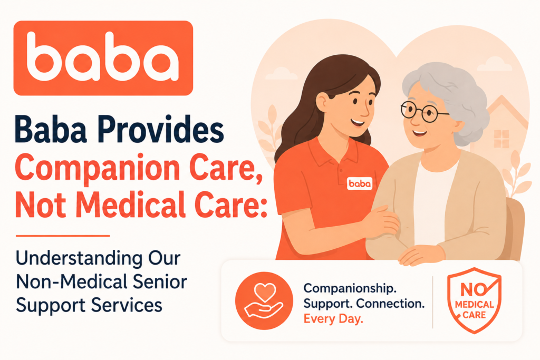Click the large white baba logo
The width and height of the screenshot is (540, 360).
click(103, 57)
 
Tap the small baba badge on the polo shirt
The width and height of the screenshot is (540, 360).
click(360, 184)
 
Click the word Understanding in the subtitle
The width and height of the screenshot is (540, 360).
click(79, 258)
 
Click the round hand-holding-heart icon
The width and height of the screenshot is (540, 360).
click(264, 300)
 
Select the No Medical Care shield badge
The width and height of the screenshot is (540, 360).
click(474, 300)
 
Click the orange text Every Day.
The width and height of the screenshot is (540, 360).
click(333, 319)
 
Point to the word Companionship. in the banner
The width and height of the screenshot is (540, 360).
click(350, 288)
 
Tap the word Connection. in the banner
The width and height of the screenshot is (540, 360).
click(390, 304)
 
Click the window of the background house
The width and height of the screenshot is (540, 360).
click(501, 139)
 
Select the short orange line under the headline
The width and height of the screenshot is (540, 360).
click(63, 236)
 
